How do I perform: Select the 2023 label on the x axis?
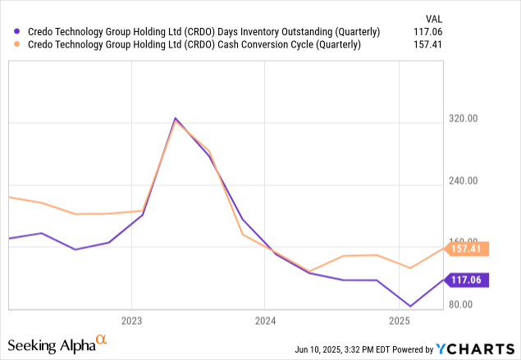pyautogui.click(x=132, y=321)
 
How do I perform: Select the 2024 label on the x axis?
pyautogui.click(x=265, y=321)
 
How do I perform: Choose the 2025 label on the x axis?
pyautogui.click(x=399, y=321)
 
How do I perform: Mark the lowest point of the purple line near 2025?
pyautogui.click(x=410, y=307)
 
